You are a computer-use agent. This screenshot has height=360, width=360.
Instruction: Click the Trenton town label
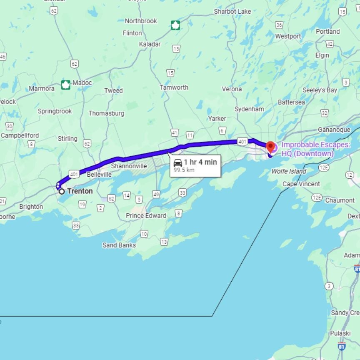pyautogui.click(x=80, y=191)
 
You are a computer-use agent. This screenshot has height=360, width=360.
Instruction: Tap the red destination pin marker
pyautogui.click(x=271, y=147)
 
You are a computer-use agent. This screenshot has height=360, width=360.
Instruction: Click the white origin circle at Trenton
pyautogui.click(x=62, y=192)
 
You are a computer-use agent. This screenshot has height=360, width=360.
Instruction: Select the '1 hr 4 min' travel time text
pyautogui.click(x=200, y=162)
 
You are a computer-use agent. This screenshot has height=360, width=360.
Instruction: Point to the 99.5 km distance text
pyautogui.click(x=184, y=170)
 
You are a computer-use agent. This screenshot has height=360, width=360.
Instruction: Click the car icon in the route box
pyautogui.click(x=178, y=162)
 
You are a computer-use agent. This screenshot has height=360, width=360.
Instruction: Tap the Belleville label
pyautogui.click(x=99, y=175)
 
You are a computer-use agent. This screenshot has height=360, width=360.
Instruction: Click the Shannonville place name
pyautogui.click(x=129, y=166)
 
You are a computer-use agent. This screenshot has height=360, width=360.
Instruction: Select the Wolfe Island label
pyautogui.click(x=289, y=171)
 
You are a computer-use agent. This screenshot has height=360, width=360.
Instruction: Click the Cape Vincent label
pyautogui.click(x=301, y=184)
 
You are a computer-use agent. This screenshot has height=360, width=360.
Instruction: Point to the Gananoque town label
pyautogui.click(x=334, y=130)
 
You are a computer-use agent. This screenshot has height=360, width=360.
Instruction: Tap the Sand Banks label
pyautogui.click(x=119, y=245)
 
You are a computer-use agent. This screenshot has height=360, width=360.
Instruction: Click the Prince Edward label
pyautogui.click(x=146, y=215)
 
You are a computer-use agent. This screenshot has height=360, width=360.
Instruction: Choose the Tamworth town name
pyautogui.click(x=174, y=87)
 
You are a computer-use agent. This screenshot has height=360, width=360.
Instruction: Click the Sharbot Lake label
pyautogui.click(x=232, y=11)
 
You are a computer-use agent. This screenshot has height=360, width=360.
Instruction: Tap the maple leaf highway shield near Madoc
pyautogui.click(x=66, y=85)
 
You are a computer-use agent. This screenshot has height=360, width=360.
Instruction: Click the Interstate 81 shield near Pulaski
pyautogui.click(x=341, y=346)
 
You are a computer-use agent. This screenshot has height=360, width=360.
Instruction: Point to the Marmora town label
pyautogui.click(x=42, y=88)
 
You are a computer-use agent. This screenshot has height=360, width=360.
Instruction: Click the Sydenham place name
pyautogui.click(x=249, y=109)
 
